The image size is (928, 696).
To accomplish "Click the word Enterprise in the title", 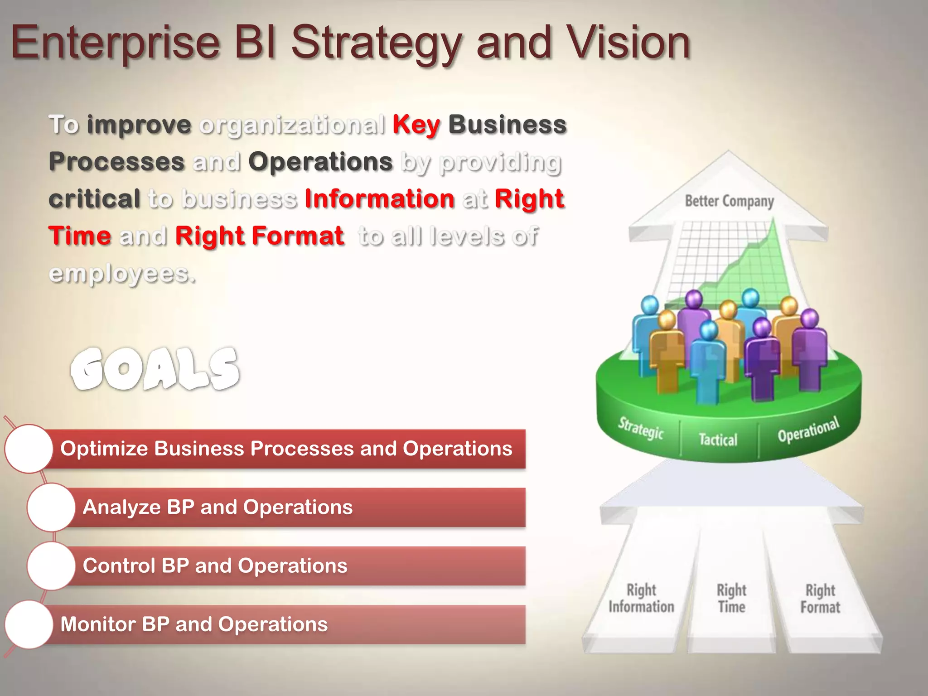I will click(x=116, y=43).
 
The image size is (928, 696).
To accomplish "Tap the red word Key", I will click(x=416, y=125).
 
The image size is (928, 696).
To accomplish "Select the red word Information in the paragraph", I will click(x=379, y=199).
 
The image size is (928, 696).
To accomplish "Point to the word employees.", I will click(x=122, y=274).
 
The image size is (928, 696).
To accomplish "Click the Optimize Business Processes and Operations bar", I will click(x=286, y=449).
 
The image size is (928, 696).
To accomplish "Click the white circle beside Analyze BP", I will click(x=51, y=507).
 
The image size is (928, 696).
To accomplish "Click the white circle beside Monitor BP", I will click(x=29, y=624).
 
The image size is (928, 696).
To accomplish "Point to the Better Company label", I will click(x=729, y=201).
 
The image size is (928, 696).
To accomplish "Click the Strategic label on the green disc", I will click(x=641, y=428).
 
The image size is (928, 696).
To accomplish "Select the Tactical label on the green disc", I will click(x=718, y=439).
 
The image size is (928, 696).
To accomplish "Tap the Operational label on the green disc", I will click(x=808, y=430).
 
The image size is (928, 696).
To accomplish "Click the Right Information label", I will click(x=641, y=598).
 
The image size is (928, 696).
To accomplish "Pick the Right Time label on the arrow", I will click(x=731, y=598).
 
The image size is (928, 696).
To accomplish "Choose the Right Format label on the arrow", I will click(x=820, y=598).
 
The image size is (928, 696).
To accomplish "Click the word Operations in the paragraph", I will click(x=320, y=162).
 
